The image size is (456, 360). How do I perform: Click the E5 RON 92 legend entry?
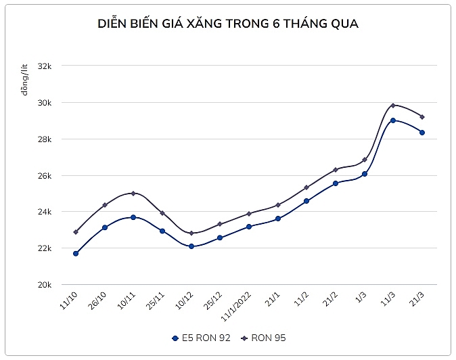click(x=202, y=336)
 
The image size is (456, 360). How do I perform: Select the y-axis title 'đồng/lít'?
click(x=25, y=78)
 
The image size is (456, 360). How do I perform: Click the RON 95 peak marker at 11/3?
click(x=393, y=106)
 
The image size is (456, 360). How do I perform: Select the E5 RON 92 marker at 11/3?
click(x=393, y=120)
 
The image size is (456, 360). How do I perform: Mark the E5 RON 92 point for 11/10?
click(x=76, y=254)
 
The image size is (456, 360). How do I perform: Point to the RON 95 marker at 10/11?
click(x=133, y=193)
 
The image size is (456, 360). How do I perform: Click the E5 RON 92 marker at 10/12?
click(x=191, y=246)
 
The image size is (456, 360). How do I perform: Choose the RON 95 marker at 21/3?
click(x=421, y=117)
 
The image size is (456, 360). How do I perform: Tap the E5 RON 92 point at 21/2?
click(x=335, y=183)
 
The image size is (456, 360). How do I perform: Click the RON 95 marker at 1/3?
click(x=365, y=160)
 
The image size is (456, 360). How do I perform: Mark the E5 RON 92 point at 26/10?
click(x=105, y=227)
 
